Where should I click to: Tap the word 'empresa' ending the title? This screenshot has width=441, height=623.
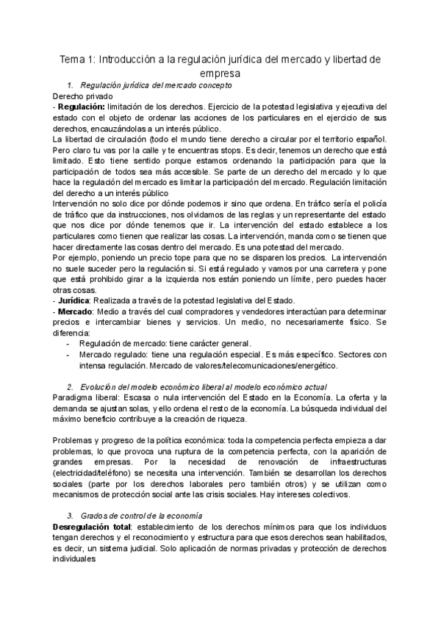[x=220, y=73]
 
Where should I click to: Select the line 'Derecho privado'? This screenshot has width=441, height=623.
[x=83, y=96]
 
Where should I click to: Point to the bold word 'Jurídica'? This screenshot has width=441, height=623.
[x=74, y=300]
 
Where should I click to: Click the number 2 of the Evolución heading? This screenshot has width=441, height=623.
[x=69, y=386]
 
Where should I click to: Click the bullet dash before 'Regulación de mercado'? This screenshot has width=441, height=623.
[x=69, y=343]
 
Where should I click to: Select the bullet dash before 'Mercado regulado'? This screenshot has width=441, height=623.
[x=69, y=354]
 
